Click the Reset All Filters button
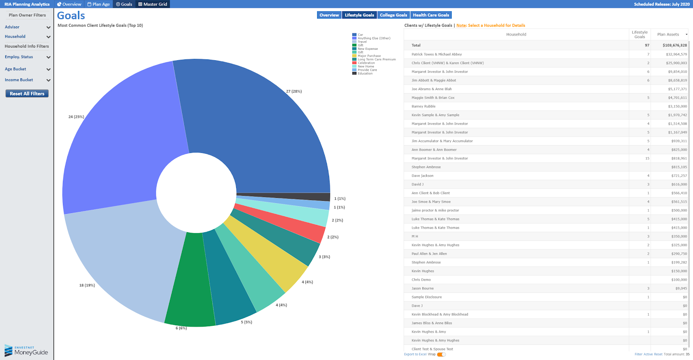(x=27, y=94)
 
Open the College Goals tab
(x=393, y=15)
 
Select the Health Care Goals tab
(x=431, y=15)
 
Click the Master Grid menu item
(x=152, y=4)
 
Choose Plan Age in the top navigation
(x=99, y=4)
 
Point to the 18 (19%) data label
(x=87, y=285)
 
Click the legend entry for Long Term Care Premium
(x=376, y=59)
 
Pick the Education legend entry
(x=365, y=73)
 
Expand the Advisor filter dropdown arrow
(x=49, y=27)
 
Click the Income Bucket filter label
(x=19, y=80)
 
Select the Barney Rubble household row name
(x=424, y=106)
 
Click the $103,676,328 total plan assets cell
(x=674, y=45)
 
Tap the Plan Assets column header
(x=668, y=34)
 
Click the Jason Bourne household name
(x=422, y=288)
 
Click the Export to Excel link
(x=415, y=354)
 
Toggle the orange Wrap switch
(x=441, y=354)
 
